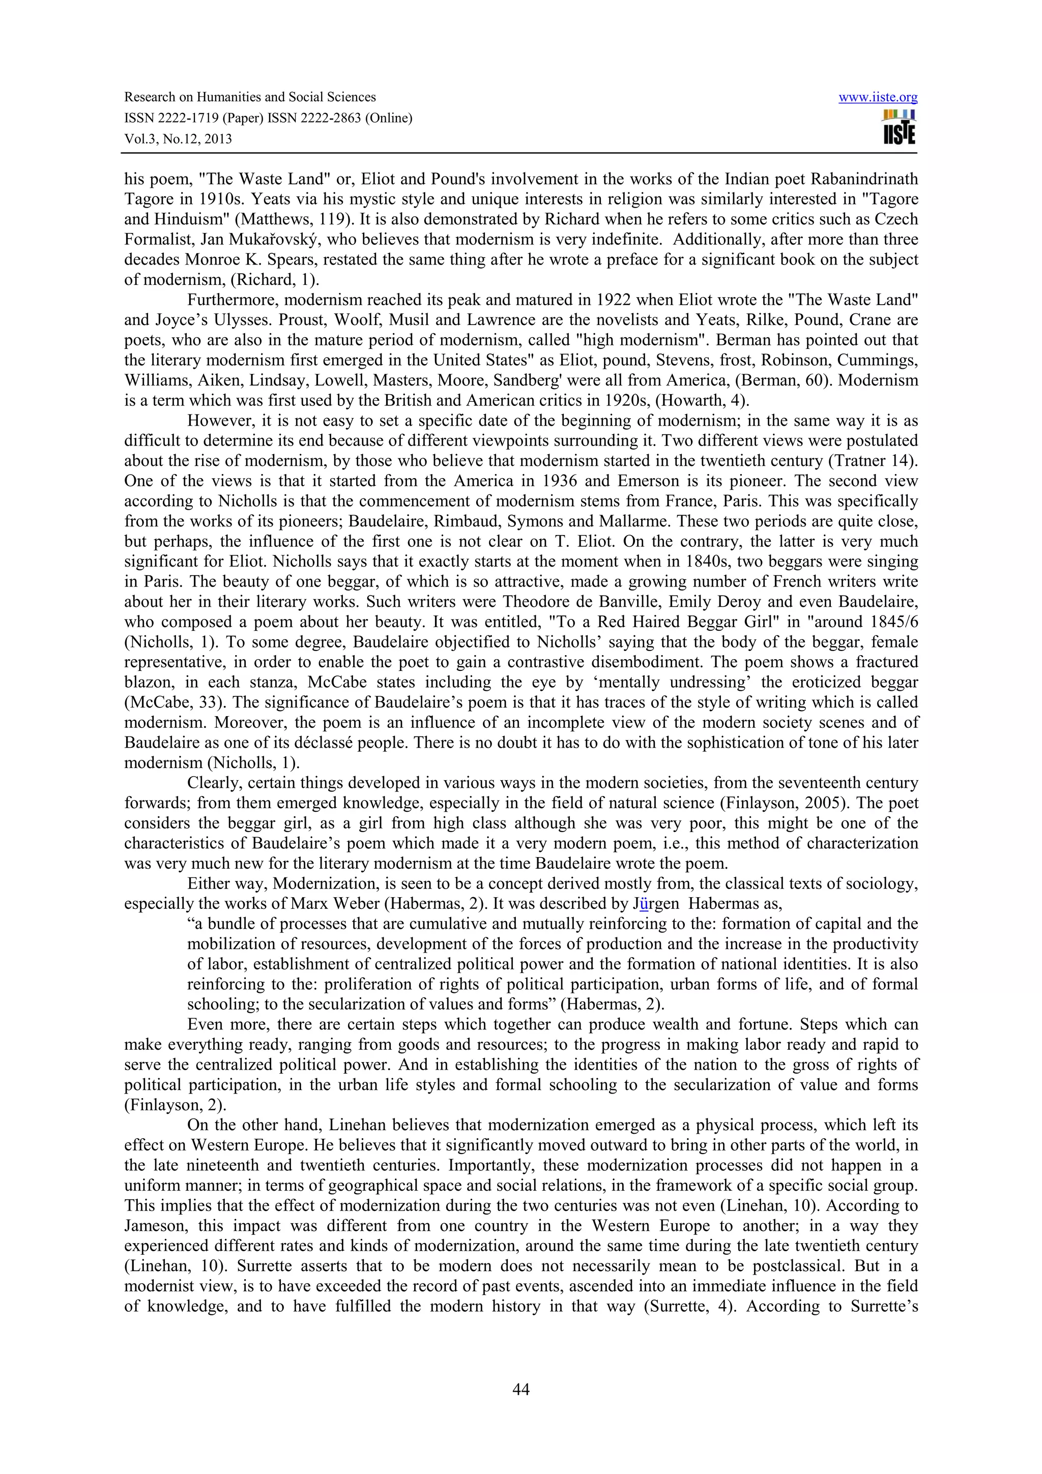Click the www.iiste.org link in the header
pyautogui.click(x=878, y=98)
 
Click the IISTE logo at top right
pyautogui.click(x=899, y=127)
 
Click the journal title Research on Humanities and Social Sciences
pyautogui.click(x=250, y=98)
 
